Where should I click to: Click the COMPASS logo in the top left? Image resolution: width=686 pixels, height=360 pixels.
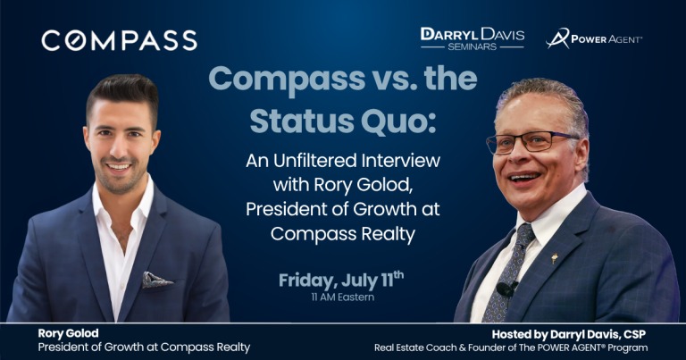[119, 41]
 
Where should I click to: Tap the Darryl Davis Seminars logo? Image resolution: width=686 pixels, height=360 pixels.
[472, 38]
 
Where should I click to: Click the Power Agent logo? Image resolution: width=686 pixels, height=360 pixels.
[594, 38]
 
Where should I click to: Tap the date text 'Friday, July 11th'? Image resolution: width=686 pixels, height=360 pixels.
[341, 280]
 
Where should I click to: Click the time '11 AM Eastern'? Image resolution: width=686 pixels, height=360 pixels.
[343, 297]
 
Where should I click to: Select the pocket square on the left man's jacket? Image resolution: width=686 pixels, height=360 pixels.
[157, 280]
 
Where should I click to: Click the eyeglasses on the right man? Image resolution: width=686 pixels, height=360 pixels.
[531, 142]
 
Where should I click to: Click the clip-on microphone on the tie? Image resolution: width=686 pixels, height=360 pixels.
[506, 289]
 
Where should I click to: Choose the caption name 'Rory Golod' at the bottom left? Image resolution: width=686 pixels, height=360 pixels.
[68, 333]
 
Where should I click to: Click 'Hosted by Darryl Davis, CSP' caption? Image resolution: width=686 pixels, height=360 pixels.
[569, 335]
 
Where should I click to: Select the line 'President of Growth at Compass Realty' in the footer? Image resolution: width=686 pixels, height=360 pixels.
[144, 347]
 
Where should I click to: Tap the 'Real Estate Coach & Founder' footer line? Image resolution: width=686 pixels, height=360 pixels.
[511, 348]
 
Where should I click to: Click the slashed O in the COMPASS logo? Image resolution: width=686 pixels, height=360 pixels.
[76, 41]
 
